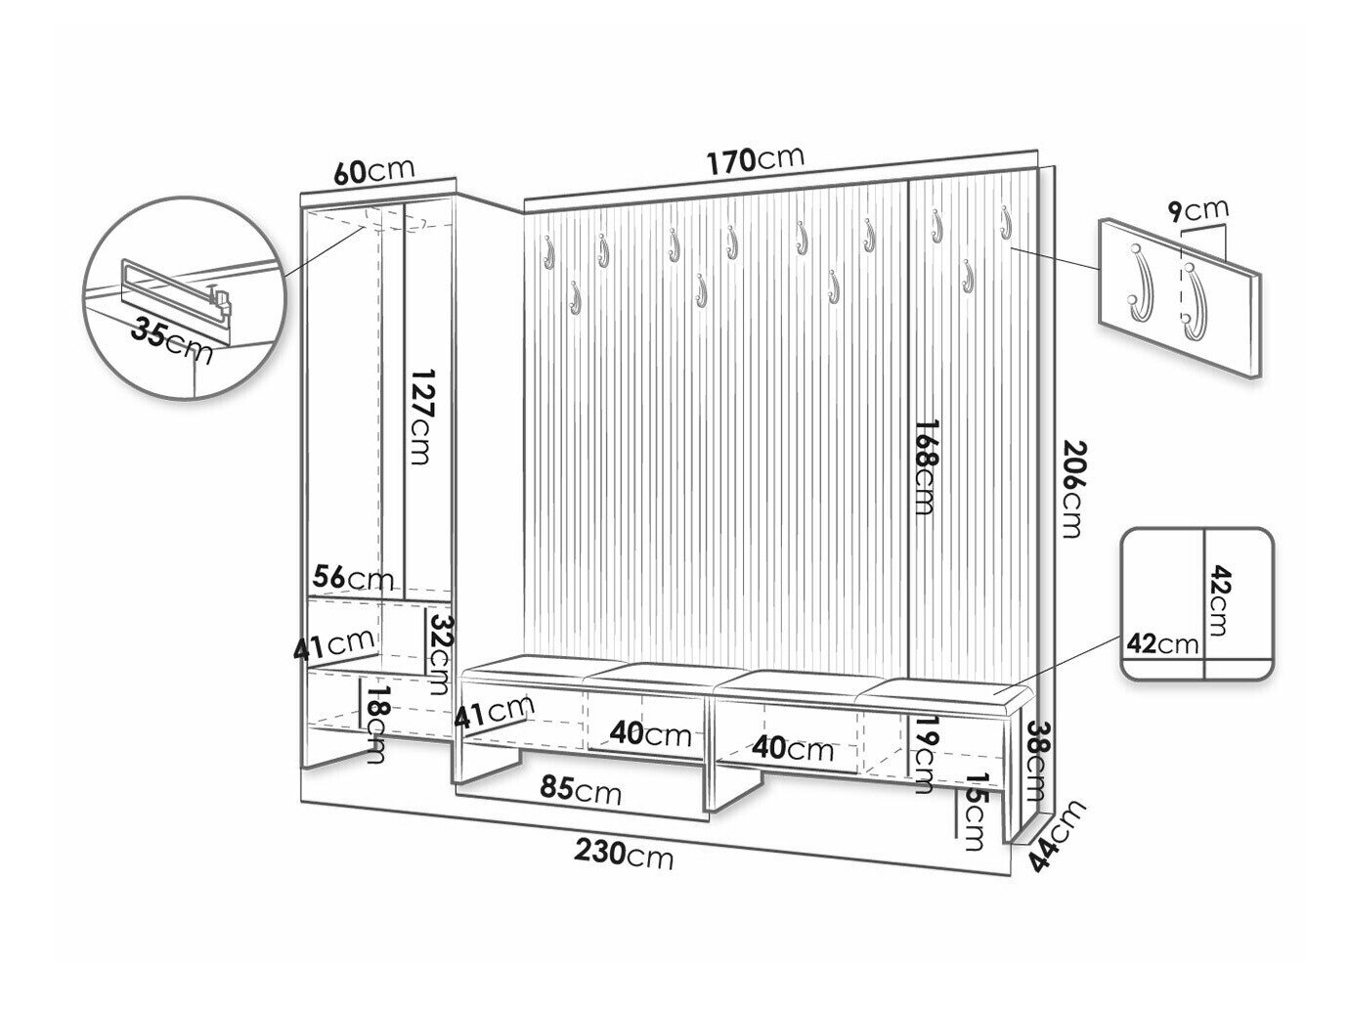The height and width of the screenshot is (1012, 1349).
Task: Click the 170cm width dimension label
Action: coord(755,160)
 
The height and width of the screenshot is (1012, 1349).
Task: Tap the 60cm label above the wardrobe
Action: coord(373,171)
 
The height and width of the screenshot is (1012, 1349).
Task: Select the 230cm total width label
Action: coord(624,854)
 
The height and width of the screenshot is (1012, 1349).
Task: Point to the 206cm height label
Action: coord(1072,490)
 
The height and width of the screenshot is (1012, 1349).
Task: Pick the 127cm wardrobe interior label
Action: coord(421,416)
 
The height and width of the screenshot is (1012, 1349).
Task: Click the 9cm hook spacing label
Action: coord(1197,211)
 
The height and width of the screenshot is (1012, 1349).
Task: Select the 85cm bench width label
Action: coord(580,789)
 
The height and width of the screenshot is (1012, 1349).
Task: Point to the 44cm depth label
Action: coord(1057,837)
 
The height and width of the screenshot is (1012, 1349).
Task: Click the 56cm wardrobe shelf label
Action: coord(352,578)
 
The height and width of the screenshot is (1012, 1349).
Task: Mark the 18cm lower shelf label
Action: coord(375,731)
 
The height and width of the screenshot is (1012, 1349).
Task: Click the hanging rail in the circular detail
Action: coord(175,287)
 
